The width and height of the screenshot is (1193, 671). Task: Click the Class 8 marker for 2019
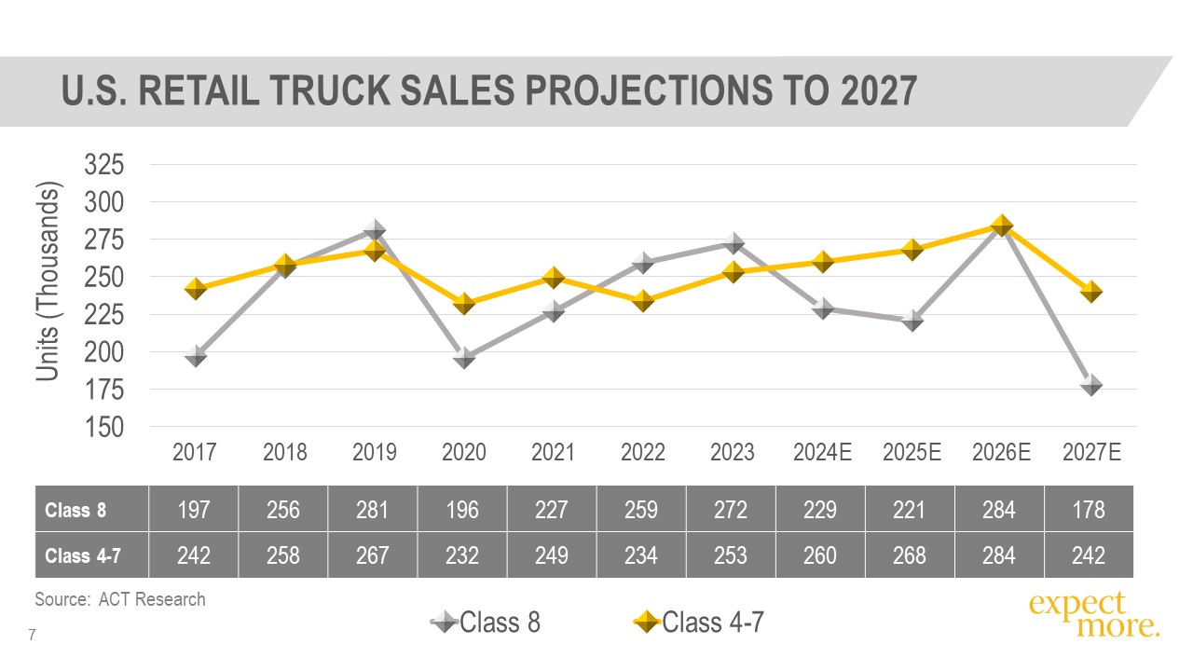tap(375, 230)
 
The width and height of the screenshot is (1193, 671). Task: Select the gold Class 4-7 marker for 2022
tap(643, 301)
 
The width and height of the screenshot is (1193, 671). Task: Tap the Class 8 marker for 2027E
tap(1091, 384)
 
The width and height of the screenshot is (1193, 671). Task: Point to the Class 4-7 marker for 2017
tap(196, 289)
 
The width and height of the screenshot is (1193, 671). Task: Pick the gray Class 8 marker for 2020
tap(464, 357)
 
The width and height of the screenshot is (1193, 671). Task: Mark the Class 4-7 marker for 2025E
tap(912, 250)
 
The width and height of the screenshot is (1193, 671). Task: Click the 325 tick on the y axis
tap(103, 165)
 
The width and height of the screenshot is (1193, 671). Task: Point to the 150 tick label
tap(103, 427)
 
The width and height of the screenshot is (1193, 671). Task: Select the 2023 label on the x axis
tap(733, 453)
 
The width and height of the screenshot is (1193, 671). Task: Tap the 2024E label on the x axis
tap(822, 453)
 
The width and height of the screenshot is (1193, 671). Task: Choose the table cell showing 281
tap(373, 510)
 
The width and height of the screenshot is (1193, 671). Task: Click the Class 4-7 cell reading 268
tap(910, 555)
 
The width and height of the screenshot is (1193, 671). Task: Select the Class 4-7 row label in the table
tap(83, 555)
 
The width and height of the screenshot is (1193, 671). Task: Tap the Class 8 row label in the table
tap(69, 510)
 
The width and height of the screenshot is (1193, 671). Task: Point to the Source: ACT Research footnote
tap(119, 599)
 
